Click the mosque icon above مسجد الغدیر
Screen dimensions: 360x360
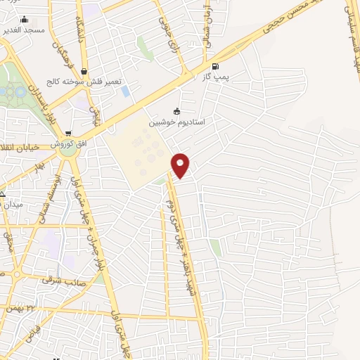(x=25, y=20)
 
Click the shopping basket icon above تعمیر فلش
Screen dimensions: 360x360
(x=84, y=71)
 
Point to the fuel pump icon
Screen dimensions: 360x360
(x=214, y=68)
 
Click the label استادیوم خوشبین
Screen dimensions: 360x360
(x=176, y=122)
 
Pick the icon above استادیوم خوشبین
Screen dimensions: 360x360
(x=176, y=111)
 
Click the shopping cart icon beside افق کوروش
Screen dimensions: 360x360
(x=68, y=134)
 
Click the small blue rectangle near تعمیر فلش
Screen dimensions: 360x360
(x=125, y=91)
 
